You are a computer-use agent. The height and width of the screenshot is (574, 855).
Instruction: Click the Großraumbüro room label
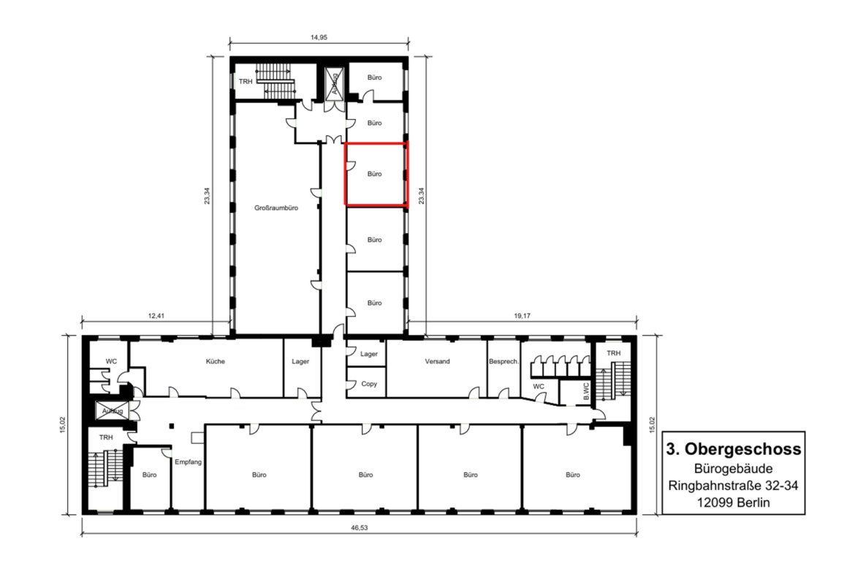click(x=276, y=208)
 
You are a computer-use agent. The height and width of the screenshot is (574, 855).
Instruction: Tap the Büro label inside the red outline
click(x=375, y=174)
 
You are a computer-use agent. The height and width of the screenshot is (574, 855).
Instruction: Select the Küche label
click(x=216, y=361)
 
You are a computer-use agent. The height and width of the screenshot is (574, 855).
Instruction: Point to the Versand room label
click(x=437, y=361)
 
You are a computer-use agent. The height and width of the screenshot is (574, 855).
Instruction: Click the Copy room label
click(x=369, y=384)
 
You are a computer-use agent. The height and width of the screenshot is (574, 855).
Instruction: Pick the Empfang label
click(x=188, y=462)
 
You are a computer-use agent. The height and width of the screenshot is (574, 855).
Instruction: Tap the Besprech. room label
click(x=503, y=361)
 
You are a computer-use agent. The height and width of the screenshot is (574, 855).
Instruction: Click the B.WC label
click(x=586, y=391)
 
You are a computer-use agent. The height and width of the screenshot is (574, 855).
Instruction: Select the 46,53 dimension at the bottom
click(x=360, y=528)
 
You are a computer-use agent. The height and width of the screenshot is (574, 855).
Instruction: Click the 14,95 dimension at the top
click(x=319, y=37)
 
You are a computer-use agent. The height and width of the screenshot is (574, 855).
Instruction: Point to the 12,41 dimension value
click(x=156, y=315)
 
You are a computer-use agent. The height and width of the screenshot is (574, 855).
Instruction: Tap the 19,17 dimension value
click(x=522, y=315)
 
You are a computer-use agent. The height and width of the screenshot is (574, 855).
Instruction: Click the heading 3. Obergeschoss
click(x=734, y=449)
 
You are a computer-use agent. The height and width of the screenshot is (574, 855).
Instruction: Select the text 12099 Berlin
click(x=734, y=502)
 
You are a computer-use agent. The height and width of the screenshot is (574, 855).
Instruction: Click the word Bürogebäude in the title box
click(x=734, y=468)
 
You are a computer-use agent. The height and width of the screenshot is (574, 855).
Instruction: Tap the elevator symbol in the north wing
click(x=334, y=84)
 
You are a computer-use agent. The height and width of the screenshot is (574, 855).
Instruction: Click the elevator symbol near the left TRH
click(x=113, y=411)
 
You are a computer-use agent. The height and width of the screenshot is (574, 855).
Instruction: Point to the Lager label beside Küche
click(x=300, y=361)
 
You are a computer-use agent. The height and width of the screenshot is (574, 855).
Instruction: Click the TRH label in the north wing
click(x=246, y=82)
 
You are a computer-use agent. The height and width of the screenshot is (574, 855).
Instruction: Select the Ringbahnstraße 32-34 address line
click(x=734, y=485)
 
